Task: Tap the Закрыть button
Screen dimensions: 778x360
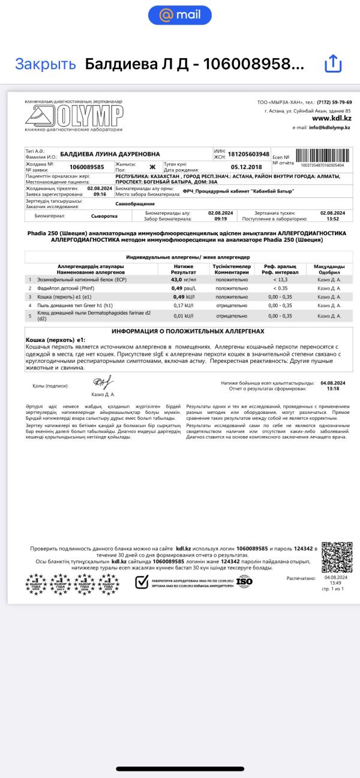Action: click(46, 64)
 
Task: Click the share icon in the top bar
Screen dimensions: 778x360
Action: click(332, 64)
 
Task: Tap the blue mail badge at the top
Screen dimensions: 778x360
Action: click(179, 15)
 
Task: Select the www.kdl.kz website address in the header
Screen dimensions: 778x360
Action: click(331, 119)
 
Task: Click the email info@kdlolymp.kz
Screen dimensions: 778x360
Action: click(329, 128)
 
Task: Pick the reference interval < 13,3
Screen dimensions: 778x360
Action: click(279, 280)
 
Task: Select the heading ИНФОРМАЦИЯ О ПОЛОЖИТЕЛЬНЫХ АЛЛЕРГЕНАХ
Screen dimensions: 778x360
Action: click(188, 331)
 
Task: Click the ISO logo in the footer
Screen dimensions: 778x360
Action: click(244, 581)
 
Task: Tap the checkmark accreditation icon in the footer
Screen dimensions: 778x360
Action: click(142, 581)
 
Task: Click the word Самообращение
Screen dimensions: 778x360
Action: click(135, 204)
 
